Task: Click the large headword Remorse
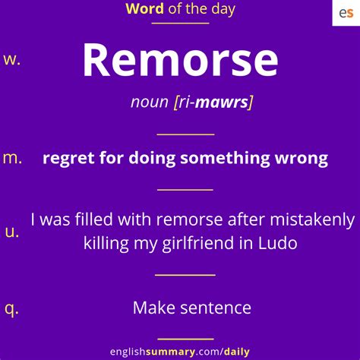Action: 180,61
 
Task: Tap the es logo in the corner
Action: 346,13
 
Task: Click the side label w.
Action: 12,60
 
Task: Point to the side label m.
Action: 13,157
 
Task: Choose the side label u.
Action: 12,232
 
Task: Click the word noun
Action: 150,103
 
